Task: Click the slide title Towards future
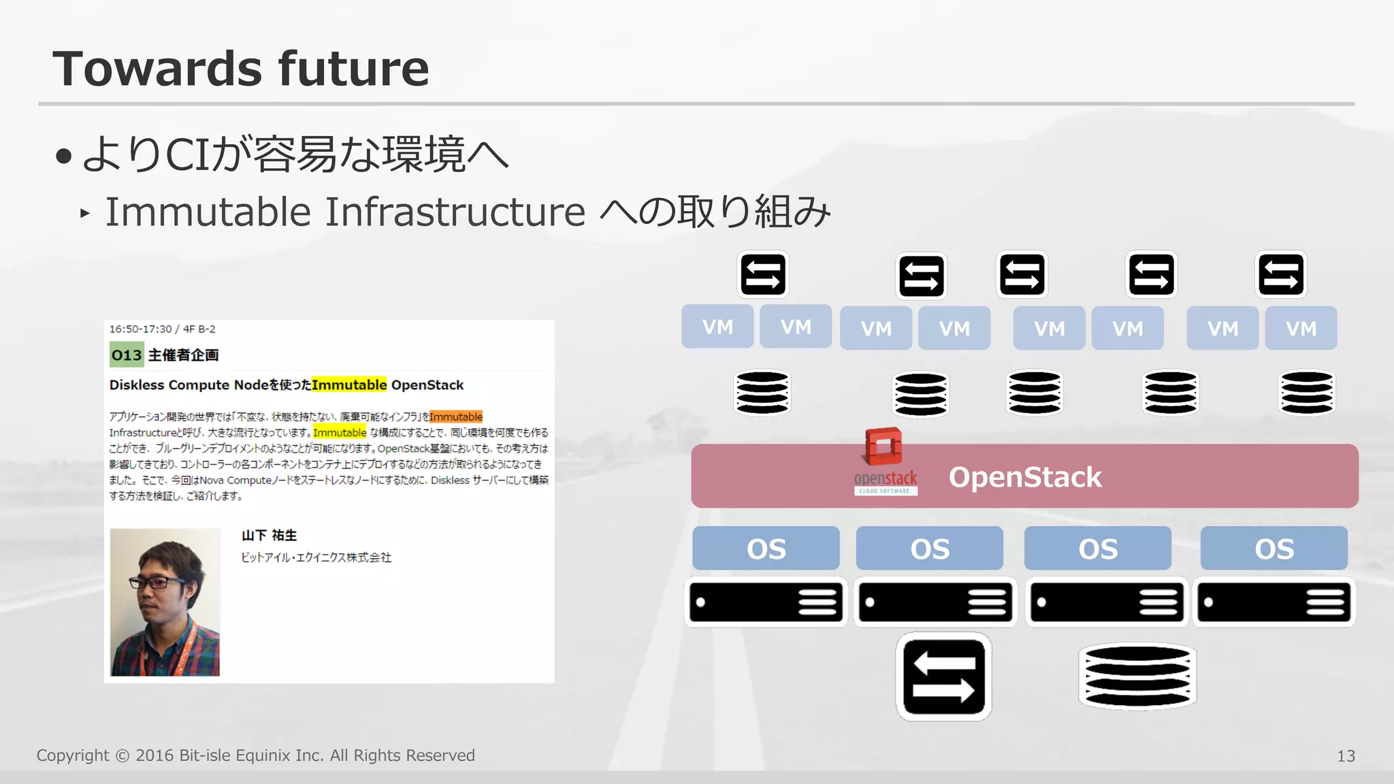[x=241, y=69]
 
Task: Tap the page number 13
[x=1346, y=756]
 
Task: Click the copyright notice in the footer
[x=255, y=755]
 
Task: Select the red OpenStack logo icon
[x=884, y=447]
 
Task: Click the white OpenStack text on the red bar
[x=1025, y=477]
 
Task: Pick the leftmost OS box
[x=766, y=549]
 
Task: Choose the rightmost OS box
[x=1274, y=549]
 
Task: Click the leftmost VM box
[x=717, y=327]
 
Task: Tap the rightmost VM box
[x=1301, y=329]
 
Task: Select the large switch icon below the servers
[x=943, y=677]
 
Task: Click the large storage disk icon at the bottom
[x=1137, y=676]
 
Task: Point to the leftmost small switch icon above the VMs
[x=763, y=275]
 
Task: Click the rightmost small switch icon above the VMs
[x=1280, y=275]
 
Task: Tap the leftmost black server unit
[x=766, y=602]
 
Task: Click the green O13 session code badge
[x=127, y=355]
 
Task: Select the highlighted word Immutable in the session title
[x=349, y=385]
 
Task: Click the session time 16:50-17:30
[x=140, y=329]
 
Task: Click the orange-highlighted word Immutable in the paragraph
[x=455, y=416]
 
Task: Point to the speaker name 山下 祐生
[x=269, y=536]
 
